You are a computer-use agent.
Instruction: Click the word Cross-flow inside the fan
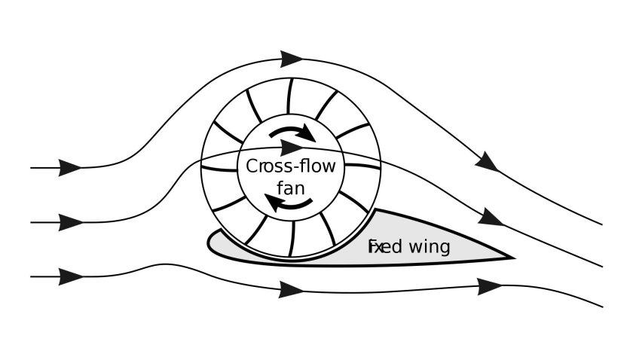coord(291,166)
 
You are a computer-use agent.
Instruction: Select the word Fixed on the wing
coord(384,247)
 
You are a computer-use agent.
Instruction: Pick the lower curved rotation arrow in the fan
coord(290,203)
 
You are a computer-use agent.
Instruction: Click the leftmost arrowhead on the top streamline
coord(70,167)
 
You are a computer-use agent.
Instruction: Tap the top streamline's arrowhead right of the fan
coord(487,161)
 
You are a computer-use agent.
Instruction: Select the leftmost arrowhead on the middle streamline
coord(70,222)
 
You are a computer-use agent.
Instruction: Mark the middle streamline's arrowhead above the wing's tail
coord(491,218)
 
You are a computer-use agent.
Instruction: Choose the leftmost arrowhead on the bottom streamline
coord(70,276)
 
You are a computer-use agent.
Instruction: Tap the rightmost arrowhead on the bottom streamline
coord(491,285)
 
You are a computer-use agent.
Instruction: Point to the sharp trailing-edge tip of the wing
coord(515,258)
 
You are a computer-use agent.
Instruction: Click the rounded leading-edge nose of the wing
coord(209,243)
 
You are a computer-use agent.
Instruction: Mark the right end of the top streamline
coord(602,224)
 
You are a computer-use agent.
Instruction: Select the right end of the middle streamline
coord(602,266)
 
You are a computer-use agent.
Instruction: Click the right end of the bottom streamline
coord(602,306)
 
